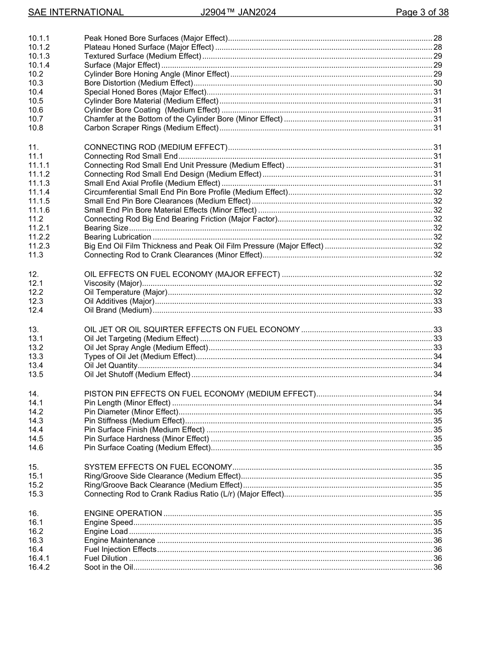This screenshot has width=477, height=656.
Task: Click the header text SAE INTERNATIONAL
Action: tap(76, 13)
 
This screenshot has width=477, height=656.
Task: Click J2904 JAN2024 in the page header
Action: tap(238, 13)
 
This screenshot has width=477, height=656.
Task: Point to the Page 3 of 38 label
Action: tap(422, 13)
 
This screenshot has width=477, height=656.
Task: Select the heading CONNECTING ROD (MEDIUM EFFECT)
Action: tap(156, 147)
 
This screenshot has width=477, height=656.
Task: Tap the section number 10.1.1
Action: tap(39, 38)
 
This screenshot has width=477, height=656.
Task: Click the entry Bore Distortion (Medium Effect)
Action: tap(138, 83)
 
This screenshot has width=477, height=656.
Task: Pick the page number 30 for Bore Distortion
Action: tap(437, 83)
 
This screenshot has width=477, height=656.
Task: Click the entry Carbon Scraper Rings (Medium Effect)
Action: tap(151, 128)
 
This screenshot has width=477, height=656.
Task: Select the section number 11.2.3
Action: tap(39, 246)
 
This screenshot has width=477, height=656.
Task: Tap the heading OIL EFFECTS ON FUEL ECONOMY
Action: tap(182, 274)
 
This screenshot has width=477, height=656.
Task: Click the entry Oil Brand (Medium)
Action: tap(117, 310)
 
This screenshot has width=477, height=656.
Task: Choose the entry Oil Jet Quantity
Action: tap(110, 366)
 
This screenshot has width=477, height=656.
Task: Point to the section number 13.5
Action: tap(36, 375)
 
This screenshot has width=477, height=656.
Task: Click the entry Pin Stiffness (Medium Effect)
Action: tap(134, 421)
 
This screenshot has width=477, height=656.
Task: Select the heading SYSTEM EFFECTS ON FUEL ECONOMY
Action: tap(158, 467)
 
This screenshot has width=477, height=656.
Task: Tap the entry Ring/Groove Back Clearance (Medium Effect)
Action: tap(163, 485)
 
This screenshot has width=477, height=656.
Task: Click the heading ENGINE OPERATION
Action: tap(123, 513)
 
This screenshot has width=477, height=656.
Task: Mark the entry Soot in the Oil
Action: tap(108, 568)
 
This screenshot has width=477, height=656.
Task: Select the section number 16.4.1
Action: tap(39, 559)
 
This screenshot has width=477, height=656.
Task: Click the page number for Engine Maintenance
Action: tap(437, 540)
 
